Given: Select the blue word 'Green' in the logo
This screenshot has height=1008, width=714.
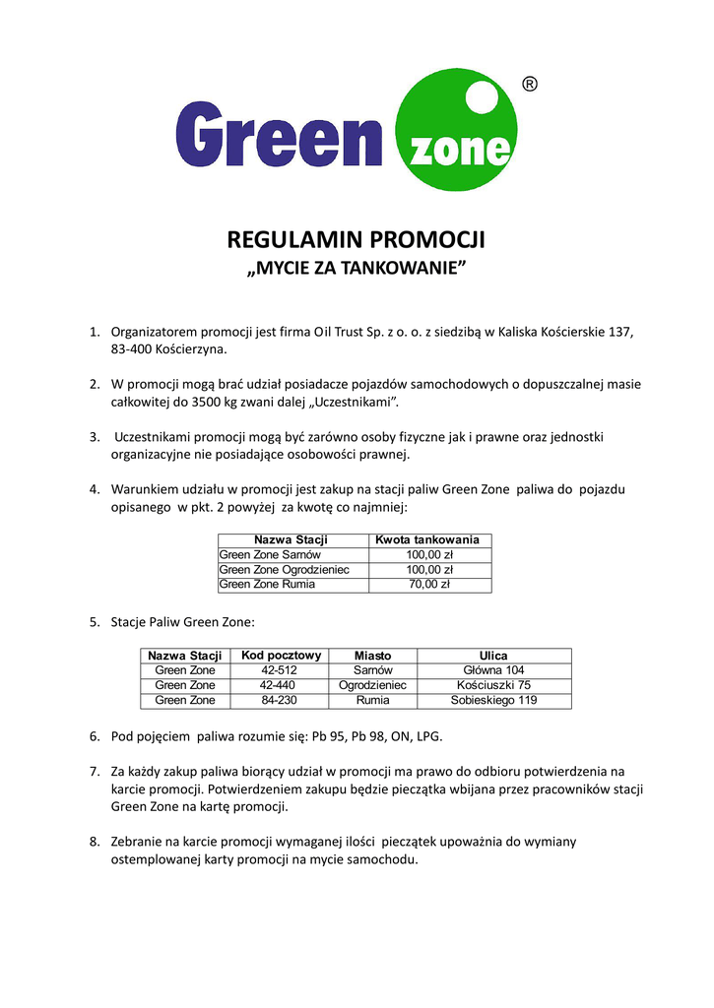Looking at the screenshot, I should [x=279, y=137].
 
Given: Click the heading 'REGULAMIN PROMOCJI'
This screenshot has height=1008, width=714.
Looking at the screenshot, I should [x=357, y=239].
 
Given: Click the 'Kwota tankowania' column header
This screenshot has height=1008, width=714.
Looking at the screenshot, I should [x=428, y=540].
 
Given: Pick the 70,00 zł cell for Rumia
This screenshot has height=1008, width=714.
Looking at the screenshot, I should [x=428, y=585].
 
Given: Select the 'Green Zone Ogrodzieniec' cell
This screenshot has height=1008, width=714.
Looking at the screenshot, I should [x=285, y=570].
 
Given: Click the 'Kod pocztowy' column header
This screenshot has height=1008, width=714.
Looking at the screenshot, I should [x=281, y=656].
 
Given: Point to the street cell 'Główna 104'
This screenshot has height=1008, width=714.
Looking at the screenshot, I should [x=493, y=670].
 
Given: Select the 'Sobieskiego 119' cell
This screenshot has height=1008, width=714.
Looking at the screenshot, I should [x=493, y=700].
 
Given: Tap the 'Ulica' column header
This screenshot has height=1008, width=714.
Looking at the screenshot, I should [x=493, y=656].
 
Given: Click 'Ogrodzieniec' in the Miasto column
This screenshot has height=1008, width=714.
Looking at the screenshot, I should [x=372, y=685].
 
